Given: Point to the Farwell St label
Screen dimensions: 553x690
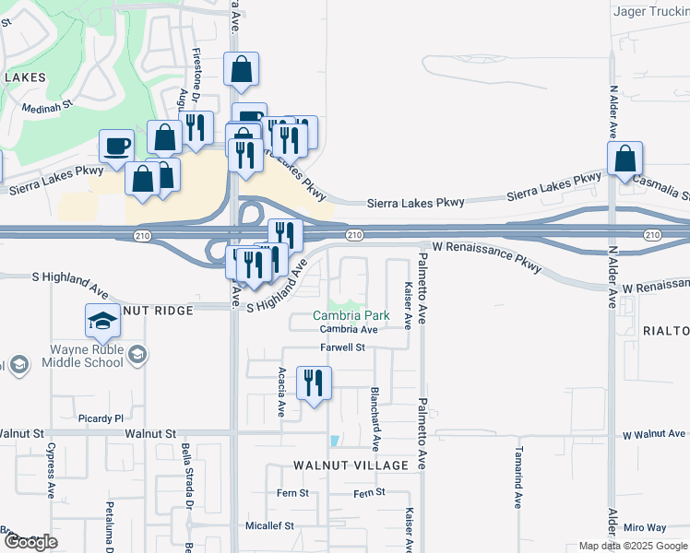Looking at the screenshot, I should tap(343, 347).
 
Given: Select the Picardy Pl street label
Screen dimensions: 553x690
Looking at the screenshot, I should tap(101, 418).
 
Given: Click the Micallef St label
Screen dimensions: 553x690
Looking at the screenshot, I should tap(269, 526).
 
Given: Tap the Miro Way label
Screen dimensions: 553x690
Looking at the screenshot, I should tap(644, 527).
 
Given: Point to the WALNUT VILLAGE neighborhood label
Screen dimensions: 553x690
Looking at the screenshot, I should tap(351, 465).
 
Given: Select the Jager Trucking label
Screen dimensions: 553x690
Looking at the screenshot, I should tap(651, 12).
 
